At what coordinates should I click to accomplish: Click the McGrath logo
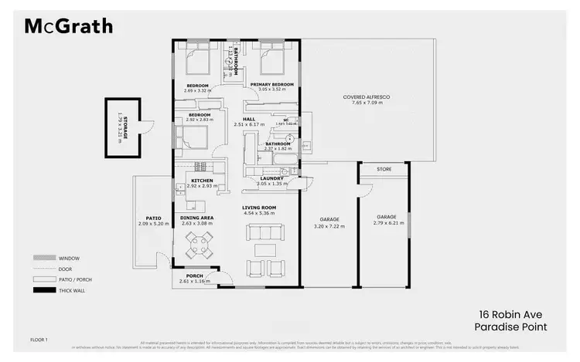70,26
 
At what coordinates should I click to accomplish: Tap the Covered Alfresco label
367,97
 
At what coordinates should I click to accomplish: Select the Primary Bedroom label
271,84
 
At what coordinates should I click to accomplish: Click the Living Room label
259,208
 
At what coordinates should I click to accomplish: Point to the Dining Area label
196,218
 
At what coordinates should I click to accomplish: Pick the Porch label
194,277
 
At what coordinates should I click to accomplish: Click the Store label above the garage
384,169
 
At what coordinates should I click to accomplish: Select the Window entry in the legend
69,258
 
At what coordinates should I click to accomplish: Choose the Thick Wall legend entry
73,290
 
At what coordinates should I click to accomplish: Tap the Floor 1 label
39,340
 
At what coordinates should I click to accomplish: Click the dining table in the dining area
198,246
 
